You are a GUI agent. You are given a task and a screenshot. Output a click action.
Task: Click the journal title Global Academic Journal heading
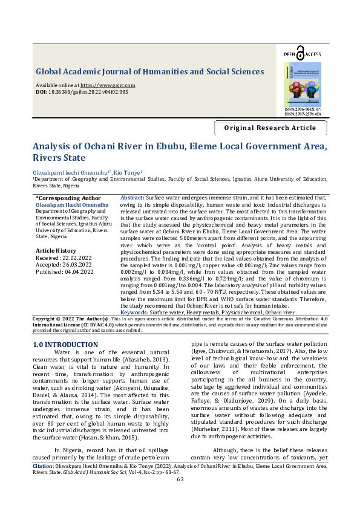point(149,71)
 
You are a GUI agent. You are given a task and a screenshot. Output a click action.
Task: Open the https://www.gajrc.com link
point(108,85)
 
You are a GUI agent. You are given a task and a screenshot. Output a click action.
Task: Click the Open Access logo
point(302,55)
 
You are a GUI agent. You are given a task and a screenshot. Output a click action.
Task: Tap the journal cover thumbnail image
point(302,84)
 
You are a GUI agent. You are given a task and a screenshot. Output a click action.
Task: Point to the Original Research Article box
point(270,128)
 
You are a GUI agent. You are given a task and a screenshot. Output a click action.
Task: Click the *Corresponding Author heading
point(68,198)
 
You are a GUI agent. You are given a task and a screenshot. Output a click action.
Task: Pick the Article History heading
point(56,250)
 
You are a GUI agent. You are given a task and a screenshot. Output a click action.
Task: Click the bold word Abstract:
point(133,198)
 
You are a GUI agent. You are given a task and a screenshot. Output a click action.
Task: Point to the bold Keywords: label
point(134,312)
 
